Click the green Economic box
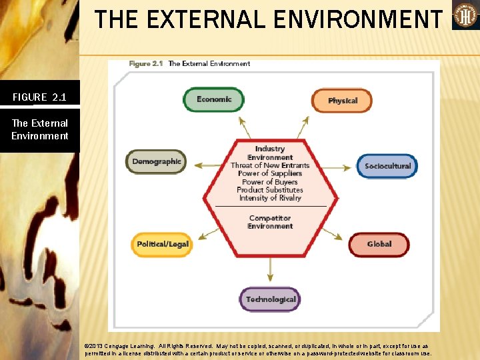[213, 99]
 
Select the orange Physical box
[342, 101]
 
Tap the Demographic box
[156, 161]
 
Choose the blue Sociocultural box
[387, 166]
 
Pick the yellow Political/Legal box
[163, 244]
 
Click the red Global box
[379, 244]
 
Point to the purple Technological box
[270, 299]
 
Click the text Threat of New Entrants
[270, 165]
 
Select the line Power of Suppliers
[270, 173]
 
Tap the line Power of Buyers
[270, 181]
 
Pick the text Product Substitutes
[270, 190]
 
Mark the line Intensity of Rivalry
[270, 198]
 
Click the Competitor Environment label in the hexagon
[270, 222]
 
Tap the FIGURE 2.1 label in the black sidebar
[39, 97]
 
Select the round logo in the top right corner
[465, 15]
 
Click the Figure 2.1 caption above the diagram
[189, 64]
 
